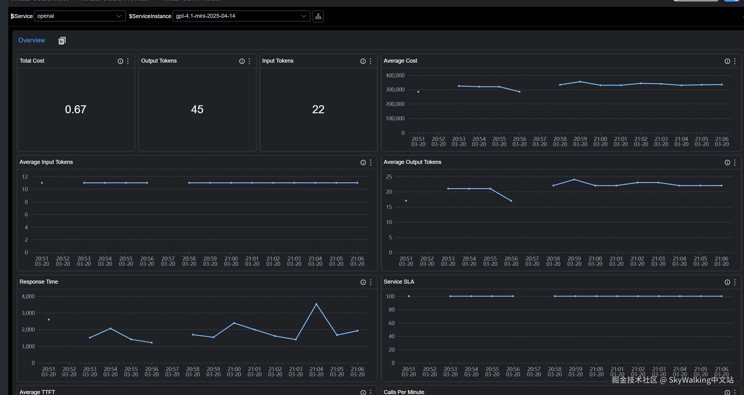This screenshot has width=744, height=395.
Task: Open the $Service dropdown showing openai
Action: (x=79, y=16)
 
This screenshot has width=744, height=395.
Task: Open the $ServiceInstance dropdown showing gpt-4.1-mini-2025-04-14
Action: (x=241, y=16)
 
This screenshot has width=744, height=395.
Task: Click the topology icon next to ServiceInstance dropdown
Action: (x=318, y=16)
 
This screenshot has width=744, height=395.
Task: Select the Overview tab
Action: (x=32, y=40)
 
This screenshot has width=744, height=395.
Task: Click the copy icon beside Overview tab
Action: (x=62, y=41)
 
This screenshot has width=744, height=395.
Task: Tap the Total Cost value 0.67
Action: (x=76, y=109)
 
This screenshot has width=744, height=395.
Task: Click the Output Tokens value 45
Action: (x=197, y=109)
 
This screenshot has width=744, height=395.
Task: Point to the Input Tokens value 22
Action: (x=318, y=109)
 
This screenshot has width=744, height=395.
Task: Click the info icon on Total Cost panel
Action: (x=120, y=61)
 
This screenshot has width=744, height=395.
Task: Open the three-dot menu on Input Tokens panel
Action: (x=370, y=61)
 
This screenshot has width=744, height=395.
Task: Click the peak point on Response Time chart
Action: (x=316, y=304)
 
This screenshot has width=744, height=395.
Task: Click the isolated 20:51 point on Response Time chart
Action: (x=49, y=319)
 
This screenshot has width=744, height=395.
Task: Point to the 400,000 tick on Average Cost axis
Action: (x=395, y=75)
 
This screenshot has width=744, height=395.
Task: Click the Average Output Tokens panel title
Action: (x=412, y=162)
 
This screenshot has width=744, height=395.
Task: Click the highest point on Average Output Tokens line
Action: (x=574, y=180)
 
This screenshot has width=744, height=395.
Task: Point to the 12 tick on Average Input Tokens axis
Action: (x=25, y=176)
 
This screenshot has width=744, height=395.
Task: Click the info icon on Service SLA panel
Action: (x=727, y=282)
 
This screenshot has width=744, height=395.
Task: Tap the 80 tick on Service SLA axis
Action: (x=391, y=309)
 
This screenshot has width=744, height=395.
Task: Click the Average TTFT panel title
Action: (x=37, y=392)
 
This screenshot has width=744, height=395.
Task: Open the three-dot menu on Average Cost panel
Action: (x=735, y=61)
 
